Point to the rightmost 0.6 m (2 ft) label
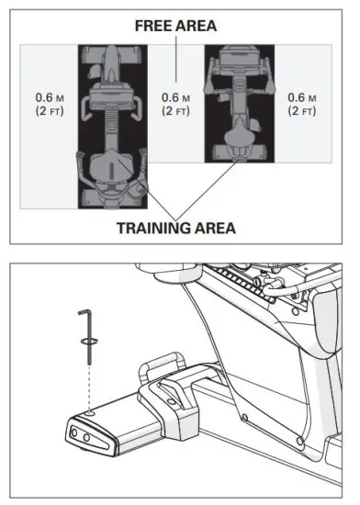[301, 104]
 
